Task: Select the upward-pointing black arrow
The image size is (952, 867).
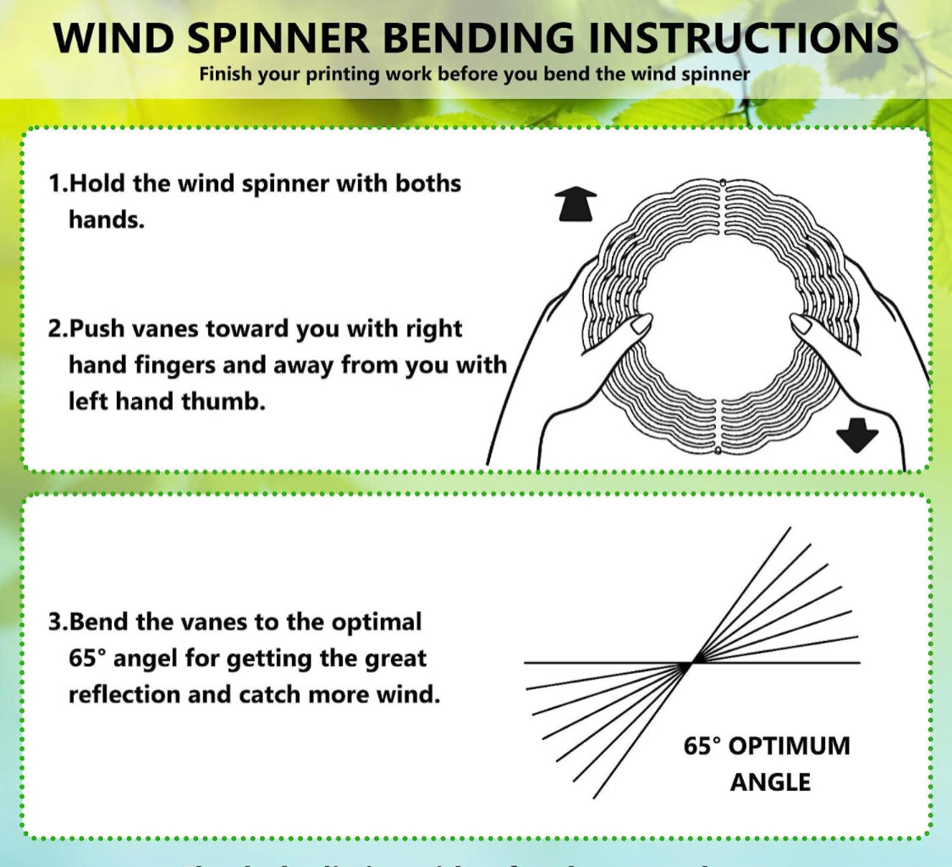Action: (575, 205)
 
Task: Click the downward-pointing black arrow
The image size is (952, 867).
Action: (857, 436)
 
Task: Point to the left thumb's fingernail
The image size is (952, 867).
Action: (642, 323)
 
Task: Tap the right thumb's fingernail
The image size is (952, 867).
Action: (800, 323)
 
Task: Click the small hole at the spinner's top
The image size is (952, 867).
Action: (722, 183)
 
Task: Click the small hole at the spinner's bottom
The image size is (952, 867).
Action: (718, 451)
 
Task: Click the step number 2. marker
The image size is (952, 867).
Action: (58, 329)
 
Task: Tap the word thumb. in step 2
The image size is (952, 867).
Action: (223, 401)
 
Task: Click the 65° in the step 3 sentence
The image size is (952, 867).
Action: (85, 658)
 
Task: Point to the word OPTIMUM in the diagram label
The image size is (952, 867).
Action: (789, 746)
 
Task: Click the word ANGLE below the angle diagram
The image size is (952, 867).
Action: (770, 781)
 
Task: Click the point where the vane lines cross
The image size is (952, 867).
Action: (691, 663)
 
